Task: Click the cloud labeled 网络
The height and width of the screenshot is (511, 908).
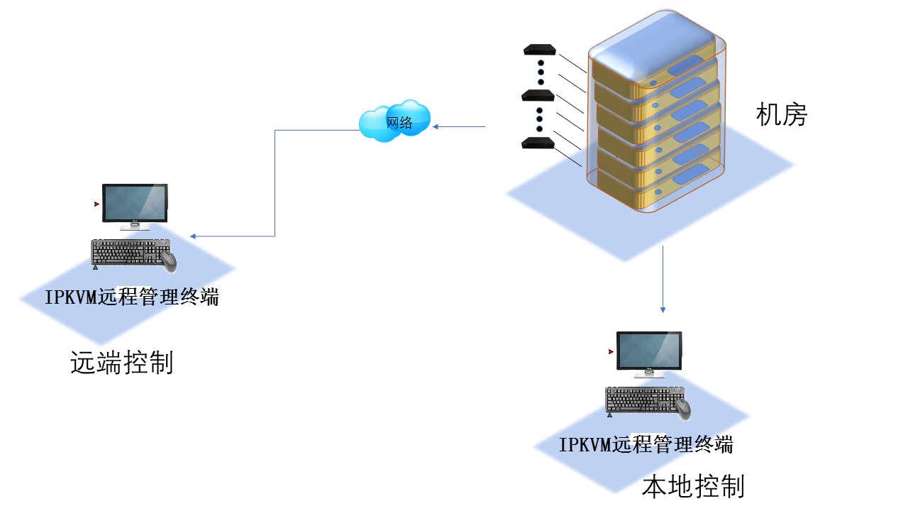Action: (x=395, y=121)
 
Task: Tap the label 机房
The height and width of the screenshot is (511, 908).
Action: (x=782, y=114)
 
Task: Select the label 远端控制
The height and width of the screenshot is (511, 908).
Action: (x=122, y=363)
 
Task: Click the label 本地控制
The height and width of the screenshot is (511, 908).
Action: (x=693, y=487)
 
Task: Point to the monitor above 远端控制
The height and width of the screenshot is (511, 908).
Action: (x=135, y=204)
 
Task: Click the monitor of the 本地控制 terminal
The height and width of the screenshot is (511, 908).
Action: (x=649, y=351)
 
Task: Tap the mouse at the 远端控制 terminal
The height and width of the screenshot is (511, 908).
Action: (x=168, y=260)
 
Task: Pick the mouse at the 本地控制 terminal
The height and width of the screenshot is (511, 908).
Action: (x=682, y=408)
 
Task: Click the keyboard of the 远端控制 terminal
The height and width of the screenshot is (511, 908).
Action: (x=125, y=252)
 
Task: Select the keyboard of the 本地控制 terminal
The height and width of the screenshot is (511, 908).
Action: (x=640, y=400)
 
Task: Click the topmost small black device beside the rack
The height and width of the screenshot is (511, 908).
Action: (x=538, y=50)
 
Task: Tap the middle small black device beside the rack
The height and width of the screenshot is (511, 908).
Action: (x=537, y=95)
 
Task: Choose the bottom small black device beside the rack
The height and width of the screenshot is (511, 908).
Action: (x=537, y=143)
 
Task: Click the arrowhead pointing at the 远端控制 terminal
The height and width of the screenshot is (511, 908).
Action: (x=193, y=236)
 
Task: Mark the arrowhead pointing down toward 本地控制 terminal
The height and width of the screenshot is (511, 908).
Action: (x=663, y=309)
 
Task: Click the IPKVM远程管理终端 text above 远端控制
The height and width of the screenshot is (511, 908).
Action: (x=132, y=297)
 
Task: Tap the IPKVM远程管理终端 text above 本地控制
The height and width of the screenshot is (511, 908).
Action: (x=646, y=445)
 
